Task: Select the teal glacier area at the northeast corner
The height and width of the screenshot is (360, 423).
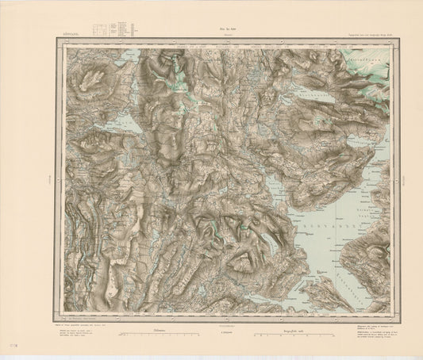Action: point(369,63)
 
